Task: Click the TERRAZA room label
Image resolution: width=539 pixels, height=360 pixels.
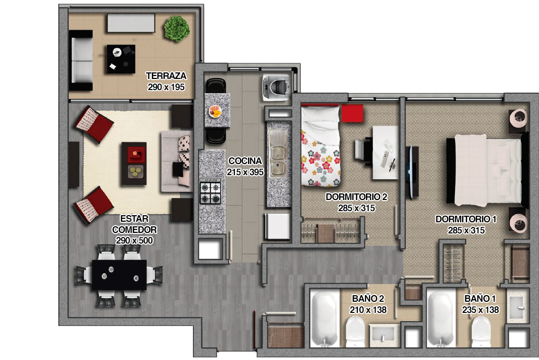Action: point(166,76)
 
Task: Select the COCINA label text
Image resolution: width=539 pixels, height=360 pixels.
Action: point(245,161)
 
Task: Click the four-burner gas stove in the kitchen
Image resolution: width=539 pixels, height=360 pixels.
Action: point(211,192)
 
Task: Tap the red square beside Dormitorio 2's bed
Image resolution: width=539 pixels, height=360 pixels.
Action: point(352,113)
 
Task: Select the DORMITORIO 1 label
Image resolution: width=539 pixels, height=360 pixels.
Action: point(466,219)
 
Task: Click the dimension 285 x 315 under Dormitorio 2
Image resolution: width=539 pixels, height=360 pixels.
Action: point(356,208)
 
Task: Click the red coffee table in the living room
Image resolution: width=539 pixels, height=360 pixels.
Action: point(134,164)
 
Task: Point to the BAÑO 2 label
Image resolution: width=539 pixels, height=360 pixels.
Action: point(368,299)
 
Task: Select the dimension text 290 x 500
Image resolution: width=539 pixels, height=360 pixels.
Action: point(134,241)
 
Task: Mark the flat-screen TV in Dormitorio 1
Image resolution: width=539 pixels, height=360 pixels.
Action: point(412,171)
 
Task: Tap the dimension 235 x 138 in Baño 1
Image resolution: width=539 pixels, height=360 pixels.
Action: point(480,310)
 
